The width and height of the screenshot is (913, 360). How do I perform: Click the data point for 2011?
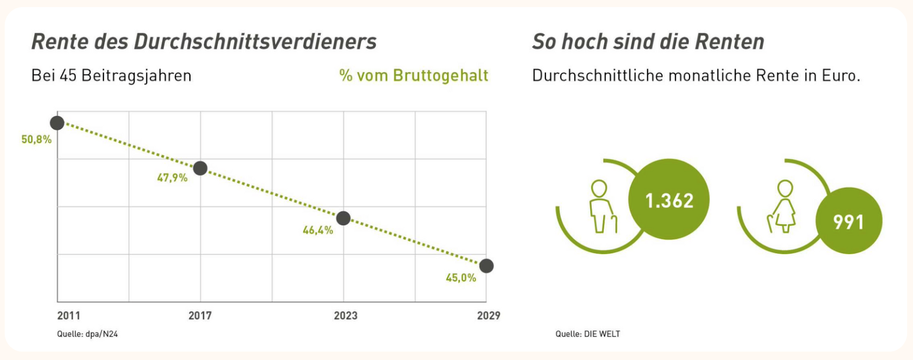57,123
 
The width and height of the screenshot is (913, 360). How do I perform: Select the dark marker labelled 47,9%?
200,168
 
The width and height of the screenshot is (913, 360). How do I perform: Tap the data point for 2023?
344,218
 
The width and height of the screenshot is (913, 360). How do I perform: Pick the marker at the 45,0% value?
487,266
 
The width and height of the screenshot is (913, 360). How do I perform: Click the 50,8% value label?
37,140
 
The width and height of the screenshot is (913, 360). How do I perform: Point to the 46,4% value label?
318,231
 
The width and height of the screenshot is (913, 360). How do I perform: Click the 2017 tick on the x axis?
200,316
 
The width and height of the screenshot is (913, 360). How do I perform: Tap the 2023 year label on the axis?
345,316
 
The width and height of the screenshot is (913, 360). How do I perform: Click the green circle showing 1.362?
669,201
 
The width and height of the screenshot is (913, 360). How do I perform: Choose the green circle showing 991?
848,222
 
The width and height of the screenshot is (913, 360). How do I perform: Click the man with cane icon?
601,207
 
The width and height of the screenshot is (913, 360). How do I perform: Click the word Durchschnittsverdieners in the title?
255,42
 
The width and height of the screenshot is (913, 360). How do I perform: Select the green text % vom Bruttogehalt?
414,76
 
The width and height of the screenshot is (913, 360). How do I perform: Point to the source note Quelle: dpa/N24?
83,334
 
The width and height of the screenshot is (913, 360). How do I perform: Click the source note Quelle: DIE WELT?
588,334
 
